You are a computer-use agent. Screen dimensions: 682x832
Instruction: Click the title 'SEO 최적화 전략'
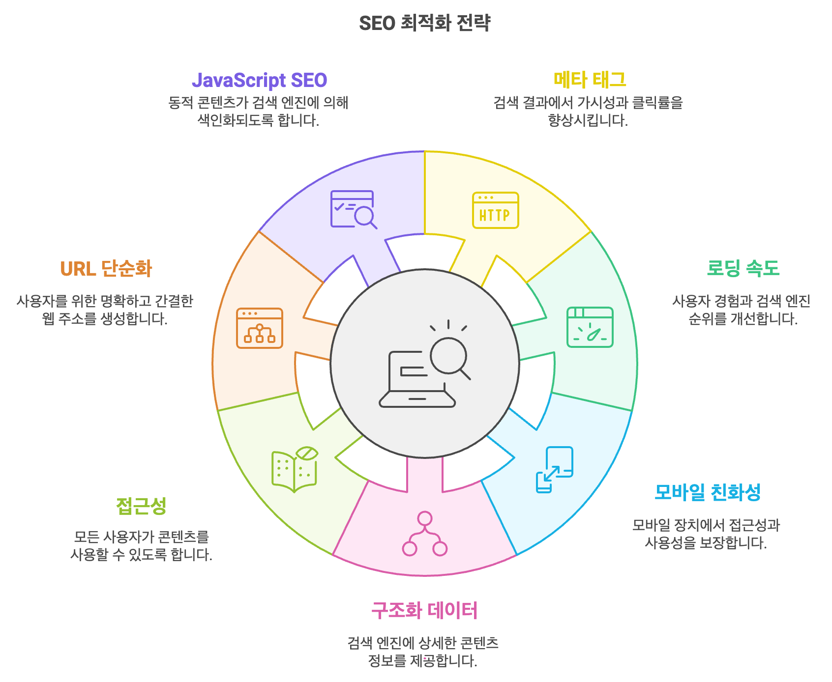click(424, 23)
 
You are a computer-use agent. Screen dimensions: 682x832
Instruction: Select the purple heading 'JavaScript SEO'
click(259, 80)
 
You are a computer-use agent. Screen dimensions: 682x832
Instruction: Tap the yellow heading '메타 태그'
click(590, 80)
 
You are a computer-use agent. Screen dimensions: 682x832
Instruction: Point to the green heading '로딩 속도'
click(743, 268)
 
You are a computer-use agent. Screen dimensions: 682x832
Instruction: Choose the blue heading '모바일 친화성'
click(708, 492)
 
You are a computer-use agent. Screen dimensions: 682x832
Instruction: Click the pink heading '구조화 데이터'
click(424, 610)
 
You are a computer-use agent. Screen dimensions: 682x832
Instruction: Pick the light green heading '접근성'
click(141, 506)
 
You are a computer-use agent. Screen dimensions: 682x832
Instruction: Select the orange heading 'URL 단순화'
click(106, 269)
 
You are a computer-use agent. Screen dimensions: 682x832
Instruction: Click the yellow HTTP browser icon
click(495, 210)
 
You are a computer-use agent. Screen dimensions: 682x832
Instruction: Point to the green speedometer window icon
click(590, 327)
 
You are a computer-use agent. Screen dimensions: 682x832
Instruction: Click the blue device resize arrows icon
click(554, 469)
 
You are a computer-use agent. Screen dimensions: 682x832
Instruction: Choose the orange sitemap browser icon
click(259, 328)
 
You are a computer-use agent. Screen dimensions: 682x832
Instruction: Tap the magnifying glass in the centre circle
click(449, 357)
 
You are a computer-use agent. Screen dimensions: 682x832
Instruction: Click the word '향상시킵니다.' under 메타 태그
click(588, 120)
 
